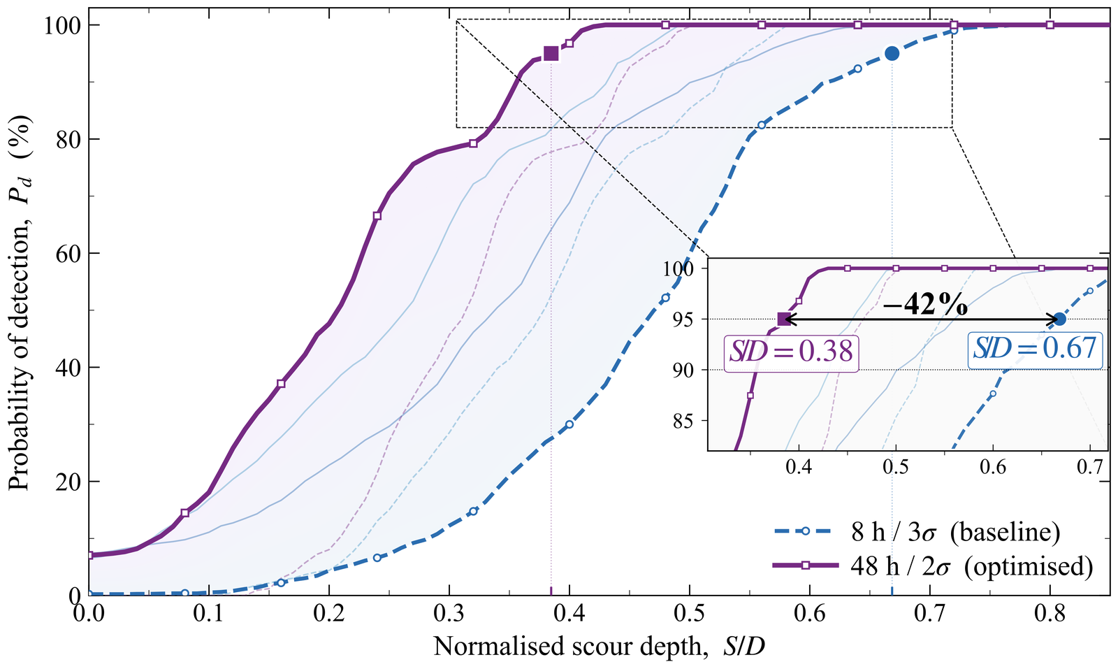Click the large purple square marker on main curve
coord(551,53)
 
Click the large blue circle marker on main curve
coord(892,53)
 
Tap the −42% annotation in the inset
coord(925,305)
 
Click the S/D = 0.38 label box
coord(791,351)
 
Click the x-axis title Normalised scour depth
coord(599,647)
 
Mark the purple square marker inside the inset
coord(784,319)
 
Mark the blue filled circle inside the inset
coord(1059,319)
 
